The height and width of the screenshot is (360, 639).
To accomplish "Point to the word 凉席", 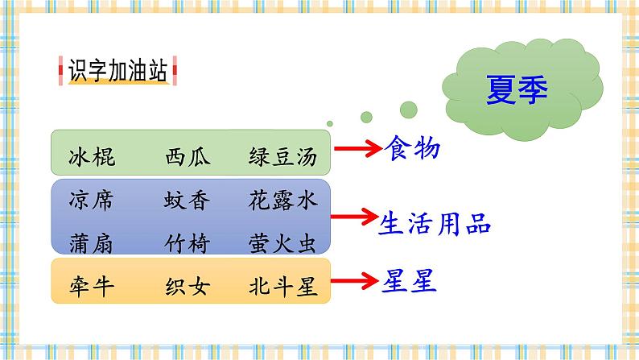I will [92, 201].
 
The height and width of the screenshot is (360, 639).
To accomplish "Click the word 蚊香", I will [188, 201].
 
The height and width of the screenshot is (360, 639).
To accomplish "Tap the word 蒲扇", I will [92, 243].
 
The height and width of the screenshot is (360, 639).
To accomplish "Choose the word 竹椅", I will [188, 243].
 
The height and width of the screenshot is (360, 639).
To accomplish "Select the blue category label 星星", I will [408, 281].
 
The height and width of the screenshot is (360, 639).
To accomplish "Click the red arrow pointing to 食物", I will [358, 148].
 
